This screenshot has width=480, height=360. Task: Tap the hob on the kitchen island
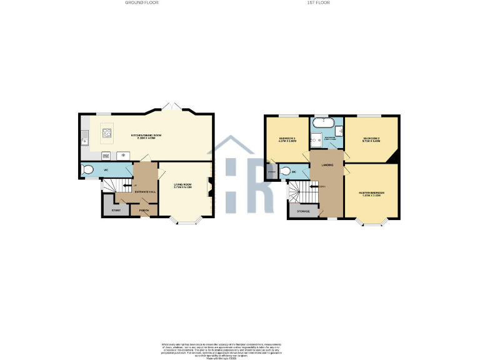[107, 132]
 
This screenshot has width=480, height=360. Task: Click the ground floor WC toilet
[88, 169]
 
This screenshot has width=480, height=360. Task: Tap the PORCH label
[144, 210]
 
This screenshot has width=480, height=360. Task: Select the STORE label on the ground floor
[116, 210]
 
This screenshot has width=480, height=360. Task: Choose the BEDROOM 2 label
[371, 140]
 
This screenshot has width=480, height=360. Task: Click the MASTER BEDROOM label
[371, 193]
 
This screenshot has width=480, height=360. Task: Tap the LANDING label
[327, 165]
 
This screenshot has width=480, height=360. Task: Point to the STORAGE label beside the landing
[302, 212]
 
